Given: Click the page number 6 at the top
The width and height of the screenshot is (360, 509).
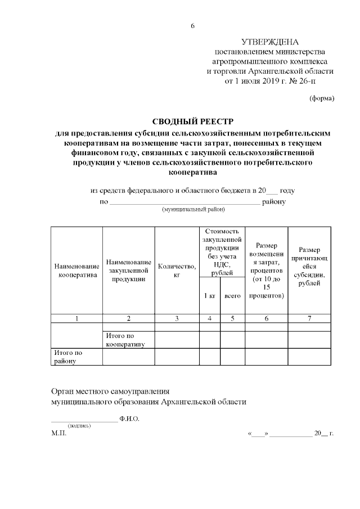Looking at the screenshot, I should coord(193,26).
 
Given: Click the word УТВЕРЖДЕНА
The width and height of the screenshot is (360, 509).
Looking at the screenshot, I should coord(270,42).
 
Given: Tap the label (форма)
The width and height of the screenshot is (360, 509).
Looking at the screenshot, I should coord(322,98).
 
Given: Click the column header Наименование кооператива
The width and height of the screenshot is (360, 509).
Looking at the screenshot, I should coord(76,270).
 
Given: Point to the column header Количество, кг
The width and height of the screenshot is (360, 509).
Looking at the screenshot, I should coord(177,270).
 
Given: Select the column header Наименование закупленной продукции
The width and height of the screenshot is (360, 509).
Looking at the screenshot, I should coord(128,270).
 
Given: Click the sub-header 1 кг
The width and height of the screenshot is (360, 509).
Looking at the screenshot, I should coord(209,296).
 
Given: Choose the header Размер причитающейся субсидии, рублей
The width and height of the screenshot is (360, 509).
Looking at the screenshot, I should coord(309,266).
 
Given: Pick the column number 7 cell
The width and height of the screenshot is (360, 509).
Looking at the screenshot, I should coord(309,318).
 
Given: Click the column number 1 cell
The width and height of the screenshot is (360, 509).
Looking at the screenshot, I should coord(76,318).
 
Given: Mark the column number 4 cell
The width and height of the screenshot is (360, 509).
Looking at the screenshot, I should coord(209,318).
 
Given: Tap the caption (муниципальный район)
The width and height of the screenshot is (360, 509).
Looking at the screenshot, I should coord(193,209).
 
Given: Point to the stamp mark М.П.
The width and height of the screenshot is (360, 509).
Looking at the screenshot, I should coord(58,434).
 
